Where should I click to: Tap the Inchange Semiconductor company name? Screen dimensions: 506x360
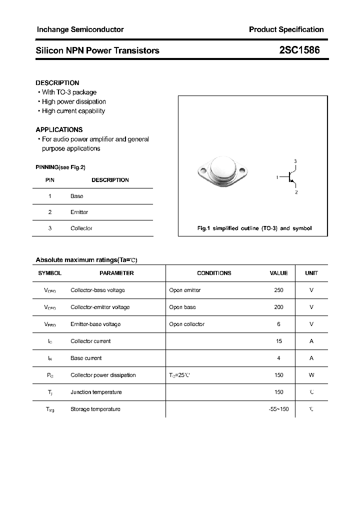tap(80, 29)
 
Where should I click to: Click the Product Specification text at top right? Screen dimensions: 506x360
tap(286, 29)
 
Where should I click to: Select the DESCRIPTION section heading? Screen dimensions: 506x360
tap(57, 83)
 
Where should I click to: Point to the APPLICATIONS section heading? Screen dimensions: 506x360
tap(59, 129)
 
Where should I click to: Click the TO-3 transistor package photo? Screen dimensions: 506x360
tap(222, 171)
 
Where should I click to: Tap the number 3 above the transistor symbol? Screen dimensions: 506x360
tap(295, 161)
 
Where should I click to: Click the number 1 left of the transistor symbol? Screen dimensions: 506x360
tap(277, 177)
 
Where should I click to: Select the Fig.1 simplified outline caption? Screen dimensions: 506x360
tap(254, 228)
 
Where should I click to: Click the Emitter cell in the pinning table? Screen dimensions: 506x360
tap(79, 212)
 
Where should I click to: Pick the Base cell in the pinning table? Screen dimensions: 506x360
tap(76, 196)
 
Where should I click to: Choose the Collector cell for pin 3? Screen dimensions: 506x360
tap(81, 228)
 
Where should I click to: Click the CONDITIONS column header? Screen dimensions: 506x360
tap(214, 273)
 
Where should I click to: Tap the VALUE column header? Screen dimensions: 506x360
tap(278, 273)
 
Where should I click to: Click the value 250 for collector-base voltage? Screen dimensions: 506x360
tap(278, 290)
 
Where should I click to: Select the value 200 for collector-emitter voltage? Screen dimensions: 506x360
tap(278, 307)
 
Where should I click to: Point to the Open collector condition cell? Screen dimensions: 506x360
tap(186, 324)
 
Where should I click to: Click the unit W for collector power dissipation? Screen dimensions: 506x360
tap(311, 375)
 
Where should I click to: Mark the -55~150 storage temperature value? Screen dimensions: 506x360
tap(278, 409)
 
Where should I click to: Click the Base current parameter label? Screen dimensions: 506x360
tap(86, 358)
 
